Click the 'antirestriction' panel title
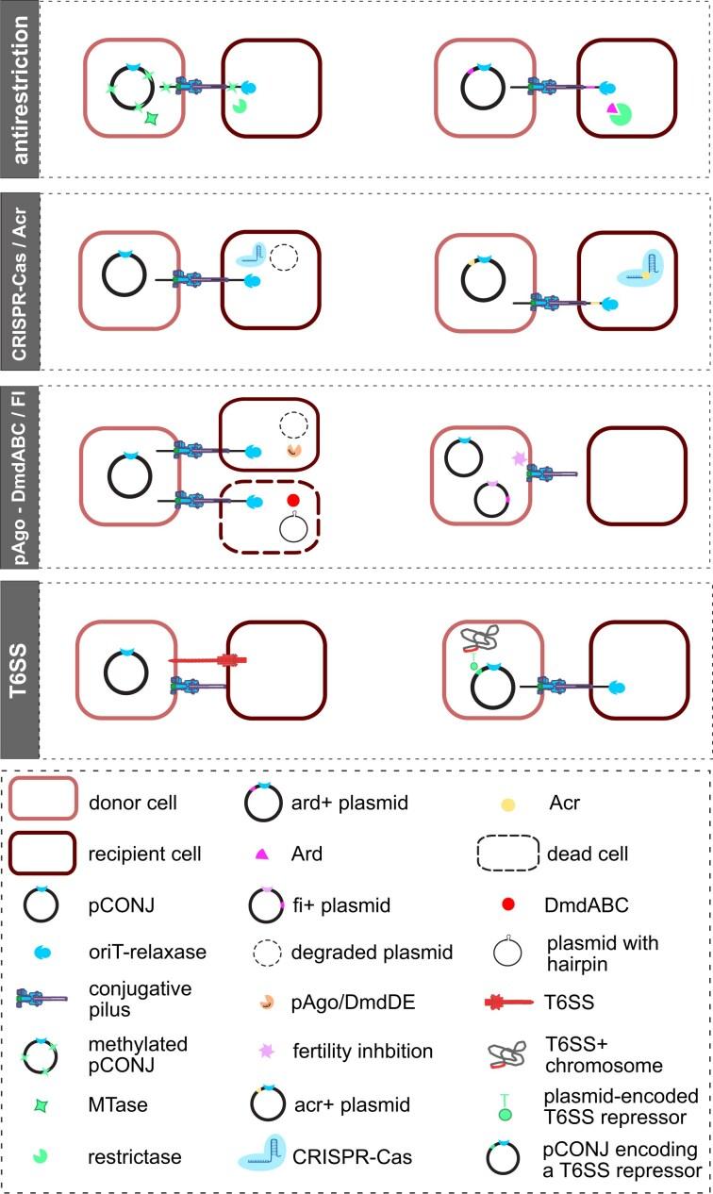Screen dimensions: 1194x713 coord(20,89)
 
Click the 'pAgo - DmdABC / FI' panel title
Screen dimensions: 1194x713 coord(20,476)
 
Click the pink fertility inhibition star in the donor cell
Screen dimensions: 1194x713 coord(517,459)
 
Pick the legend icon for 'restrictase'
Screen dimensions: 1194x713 coord(41,1155)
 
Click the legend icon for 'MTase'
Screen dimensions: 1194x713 coord(41,1103)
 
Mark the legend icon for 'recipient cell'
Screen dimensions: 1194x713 coord(42,854)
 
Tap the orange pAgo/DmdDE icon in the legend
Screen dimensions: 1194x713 coord(269,1002)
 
